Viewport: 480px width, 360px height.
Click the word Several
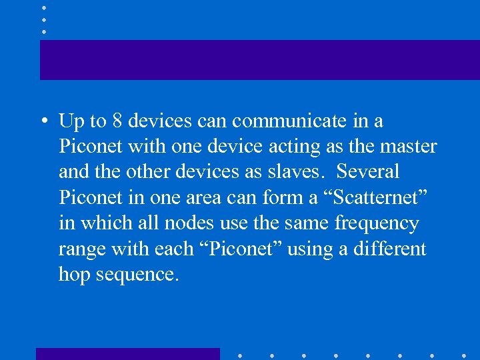(x=368, y=172)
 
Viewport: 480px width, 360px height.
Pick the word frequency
(x=377, y=223)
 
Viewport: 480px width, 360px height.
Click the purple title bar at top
(x=260, y=60)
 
